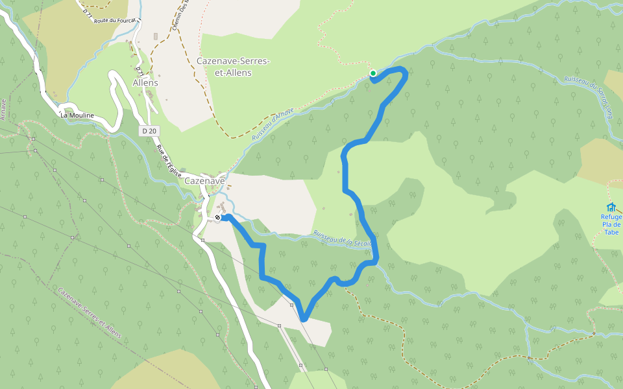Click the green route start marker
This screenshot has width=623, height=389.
point(373,73)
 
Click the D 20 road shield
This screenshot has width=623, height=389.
point(149,131)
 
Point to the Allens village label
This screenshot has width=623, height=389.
point(145,83)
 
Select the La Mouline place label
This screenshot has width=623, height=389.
point(77,115)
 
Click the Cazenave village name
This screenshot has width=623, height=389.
point(204,181)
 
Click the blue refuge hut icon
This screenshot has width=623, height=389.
point(611,207)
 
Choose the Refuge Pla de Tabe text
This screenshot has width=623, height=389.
point(611,224)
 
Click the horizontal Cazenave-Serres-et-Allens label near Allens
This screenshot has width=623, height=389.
point(232,67)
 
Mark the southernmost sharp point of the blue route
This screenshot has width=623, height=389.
point(303,318)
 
